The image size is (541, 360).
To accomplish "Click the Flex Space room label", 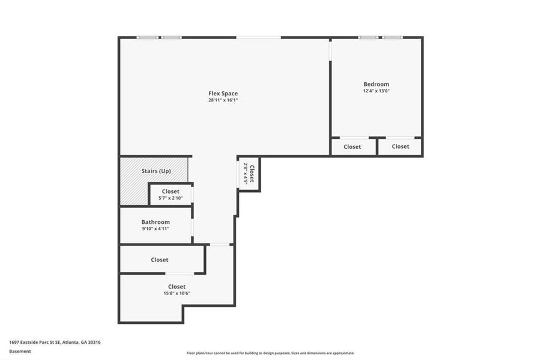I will pos(223,94).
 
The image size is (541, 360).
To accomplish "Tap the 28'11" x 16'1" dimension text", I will pos(223,100).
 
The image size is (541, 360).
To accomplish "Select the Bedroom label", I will pos(376,84).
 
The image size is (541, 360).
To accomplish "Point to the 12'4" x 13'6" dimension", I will pos(376,91).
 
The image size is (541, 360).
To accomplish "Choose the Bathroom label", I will pos(156,222).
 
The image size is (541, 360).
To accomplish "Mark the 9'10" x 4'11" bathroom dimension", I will pos(156,229).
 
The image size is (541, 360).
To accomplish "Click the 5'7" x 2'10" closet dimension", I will pos(171,197).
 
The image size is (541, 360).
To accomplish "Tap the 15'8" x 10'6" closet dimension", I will pos(177,293).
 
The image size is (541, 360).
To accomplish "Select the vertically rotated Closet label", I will pos(252,173).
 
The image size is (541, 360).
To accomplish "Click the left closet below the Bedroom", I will pos(352,146).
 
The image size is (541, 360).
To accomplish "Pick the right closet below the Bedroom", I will pos(400,146).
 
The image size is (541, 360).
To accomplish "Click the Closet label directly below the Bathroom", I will pos(159,260).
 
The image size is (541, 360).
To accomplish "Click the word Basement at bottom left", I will pos(20,351).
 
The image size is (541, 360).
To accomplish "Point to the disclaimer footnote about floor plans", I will pos(270,353).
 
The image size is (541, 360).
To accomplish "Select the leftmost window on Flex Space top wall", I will pos(147,38).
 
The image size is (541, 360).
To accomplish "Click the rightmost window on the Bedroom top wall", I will pos(393,38).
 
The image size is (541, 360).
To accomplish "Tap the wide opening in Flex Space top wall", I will pos(258,38).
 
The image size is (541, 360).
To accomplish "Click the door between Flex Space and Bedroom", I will pos(330,50).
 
